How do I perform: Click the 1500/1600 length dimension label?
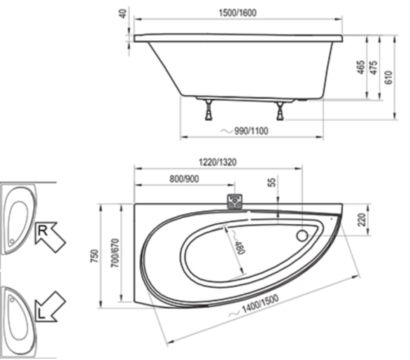(x=237, y=13)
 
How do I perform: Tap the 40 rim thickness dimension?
(x=123, y=13)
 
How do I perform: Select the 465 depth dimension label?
(x=361, y=67)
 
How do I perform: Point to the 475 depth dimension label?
(x=374, y=67)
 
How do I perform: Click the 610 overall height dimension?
(x=389, y=78)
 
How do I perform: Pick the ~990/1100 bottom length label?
(x=244, y=131)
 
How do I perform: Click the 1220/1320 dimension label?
(x=218, y=162)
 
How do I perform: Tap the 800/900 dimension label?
(x=184, y=179)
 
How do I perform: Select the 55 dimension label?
(x=272, y=182)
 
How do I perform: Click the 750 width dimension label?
(x=95, y=256)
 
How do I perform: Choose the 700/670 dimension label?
(x=115, y=253)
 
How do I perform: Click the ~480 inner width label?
(x=238, y=243)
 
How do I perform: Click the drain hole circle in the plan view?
(x=302, y=235)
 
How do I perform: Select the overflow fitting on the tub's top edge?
(x=234, y=201)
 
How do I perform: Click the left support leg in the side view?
(x=208, y=109)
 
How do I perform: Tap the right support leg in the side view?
(x=280, y=111)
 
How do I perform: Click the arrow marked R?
(x=50, y=237)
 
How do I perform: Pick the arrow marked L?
(x=50, y=306)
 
